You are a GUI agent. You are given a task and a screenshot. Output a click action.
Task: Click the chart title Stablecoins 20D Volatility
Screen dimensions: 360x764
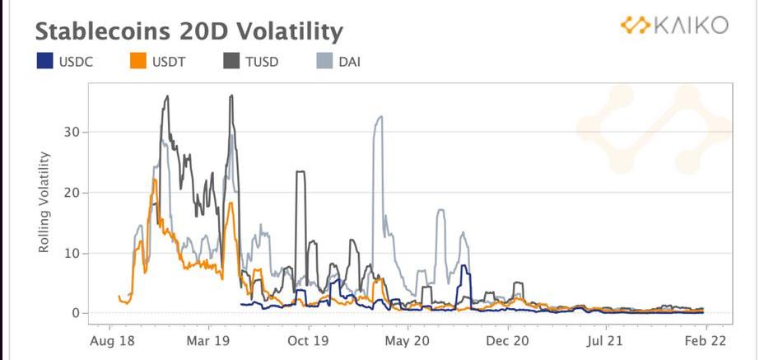point(188,32)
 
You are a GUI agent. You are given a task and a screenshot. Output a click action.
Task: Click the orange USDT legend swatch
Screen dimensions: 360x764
point(139,61)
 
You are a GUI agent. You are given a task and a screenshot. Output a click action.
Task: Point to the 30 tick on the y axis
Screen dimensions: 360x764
point(72,132)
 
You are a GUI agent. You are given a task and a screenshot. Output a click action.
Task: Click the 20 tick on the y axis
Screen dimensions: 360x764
point(72,192)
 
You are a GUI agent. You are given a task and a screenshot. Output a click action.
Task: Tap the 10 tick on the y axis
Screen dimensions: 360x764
point(72,253)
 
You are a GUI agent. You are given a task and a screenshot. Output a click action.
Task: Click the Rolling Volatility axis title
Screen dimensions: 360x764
point(46,202)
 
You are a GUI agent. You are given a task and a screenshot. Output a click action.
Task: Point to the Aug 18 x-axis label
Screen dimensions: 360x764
point(110,339)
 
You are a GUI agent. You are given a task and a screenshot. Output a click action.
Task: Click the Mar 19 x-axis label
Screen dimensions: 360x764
point(208,339)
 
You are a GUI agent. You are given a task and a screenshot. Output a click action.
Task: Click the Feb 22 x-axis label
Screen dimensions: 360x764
point(706,339)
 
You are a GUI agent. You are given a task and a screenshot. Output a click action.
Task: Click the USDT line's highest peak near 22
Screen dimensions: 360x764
point(154,180)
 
